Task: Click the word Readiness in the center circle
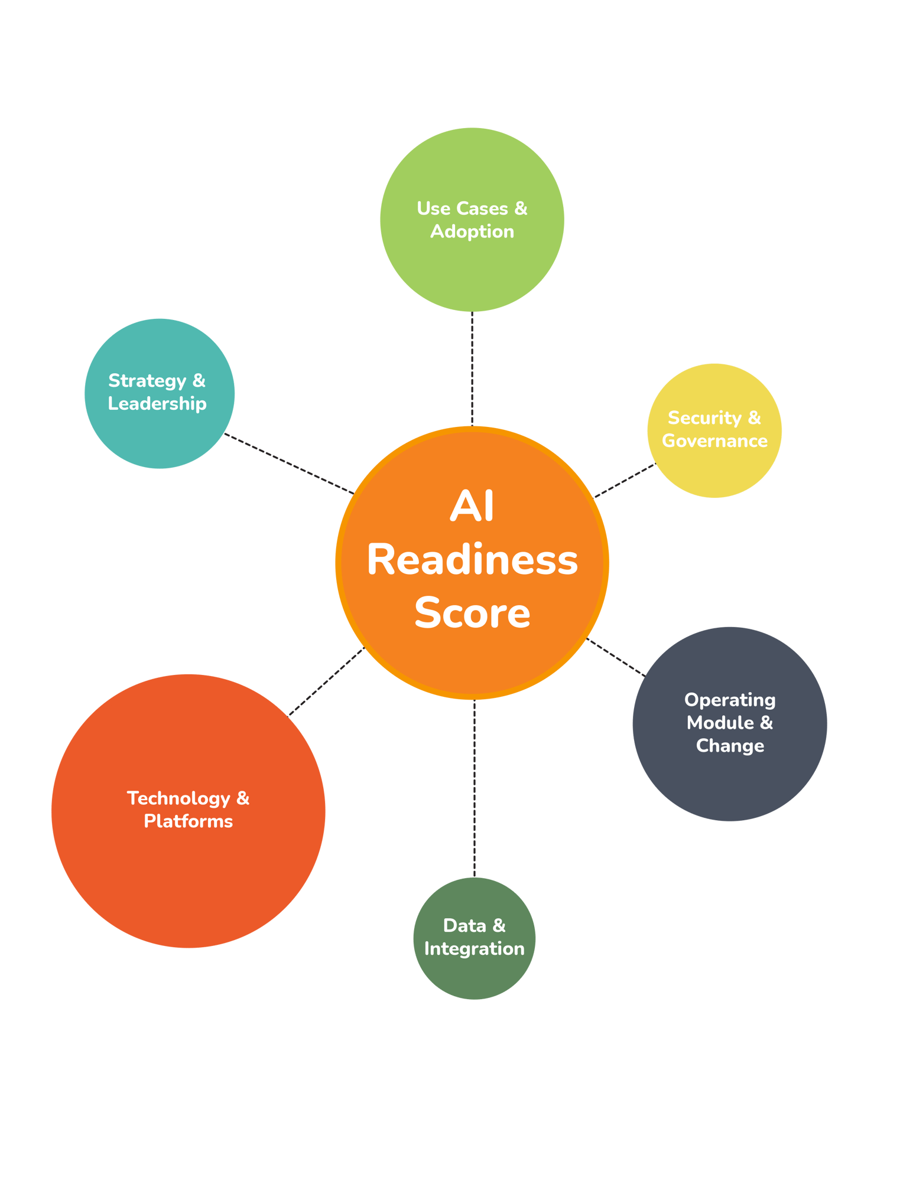click(472, 560)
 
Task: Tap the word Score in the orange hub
click(472, 613)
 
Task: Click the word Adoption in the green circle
click(472, 231)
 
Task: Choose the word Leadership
click(157, 404)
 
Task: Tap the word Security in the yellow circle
click(704, 419)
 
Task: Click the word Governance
click(714, 441)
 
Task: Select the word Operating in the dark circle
click(730, 700)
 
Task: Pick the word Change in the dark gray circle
click(730, 746)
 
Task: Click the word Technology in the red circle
click(179, 799)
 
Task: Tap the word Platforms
click(189, 821)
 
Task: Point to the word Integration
click(474, 949)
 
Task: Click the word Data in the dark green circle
click(464, 926)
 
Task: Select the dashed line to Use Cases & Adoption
click(472, 368)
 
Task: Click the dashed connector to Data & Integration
click(474, 788)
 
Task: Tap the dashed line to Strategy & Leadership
click(290, 464)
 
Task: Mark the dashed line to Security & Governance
click(625, 480)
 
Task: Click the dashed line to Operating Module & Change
click(616, 657)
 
